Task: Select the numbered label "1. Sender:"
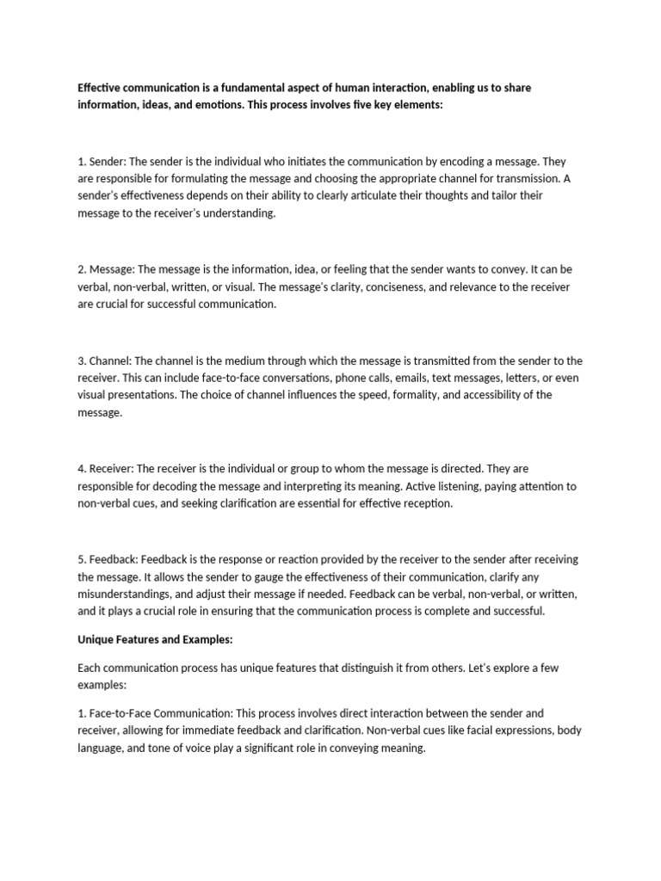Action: pos(101,161)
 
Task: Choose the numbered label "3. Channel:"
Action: pos(105,361)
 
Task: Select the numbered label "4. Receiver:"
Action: pos(106,469)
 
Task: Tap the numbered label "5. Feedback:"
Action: pos(107,560)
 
